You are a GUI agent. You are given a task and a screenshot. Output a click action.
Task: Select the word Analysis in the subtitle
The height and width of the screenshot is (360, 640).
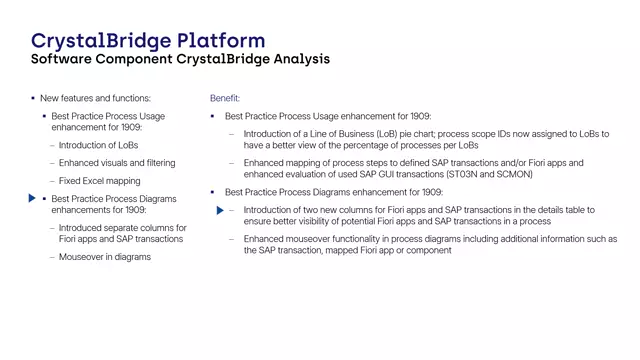point(297,59)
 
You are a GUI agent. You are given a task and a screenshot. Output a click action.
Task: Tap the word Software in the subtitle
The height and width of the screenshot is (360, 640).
point(63,59)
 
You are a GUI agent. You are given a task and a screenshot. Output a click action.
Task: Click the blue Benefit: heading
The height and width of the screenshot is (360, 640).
point(225,98)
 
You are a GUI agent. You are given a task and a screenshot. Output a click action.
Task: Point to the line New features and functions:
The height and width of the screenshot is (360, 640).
point(95,98)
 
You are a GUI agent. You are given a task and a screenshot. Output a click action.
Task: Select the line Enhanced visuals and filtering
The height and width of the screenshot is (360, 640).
point(117,162)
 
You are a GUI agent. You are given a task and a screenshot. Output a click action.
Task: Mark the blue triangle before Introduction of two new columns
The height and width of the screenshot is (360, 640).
point(221,210)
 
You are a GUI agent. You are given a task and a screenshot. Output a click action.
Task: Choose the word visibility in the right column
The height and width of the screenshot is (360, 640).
point(312,221)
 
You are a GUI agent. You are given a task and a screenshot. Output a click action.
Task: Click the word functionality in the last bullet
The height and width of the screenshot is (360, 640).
point(366,239)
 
